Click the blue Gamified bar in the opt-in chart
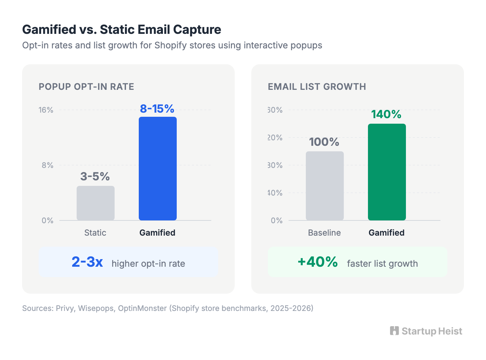click(157, 169)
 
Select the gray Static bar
click(95, 203)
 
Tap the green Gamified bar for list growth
click(387, 172)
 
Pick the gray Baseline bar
click(324, 186)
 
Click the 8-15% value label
click(157, 109)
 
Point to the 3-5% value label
click(95, 177)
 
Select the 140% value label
click(386, 114)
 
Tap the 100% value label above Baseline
click(324, 142)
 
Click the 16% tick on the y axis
click(46, 110)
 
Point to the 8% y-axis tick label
click(48, 165)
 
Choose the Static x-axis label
click(95, 233)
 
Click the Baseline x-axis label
click(324, 233)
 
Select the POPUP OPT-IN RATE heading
click(86, 87)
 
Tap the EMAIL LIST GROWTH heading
click(317, 87)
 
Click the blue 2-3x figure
click(87, 262)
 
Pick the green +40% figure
click(318, 262)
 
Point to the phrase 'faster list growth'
click(382, 264)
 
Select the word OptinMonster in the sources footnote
click(142, 308)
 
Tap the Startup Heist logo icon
click(394, 331)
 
